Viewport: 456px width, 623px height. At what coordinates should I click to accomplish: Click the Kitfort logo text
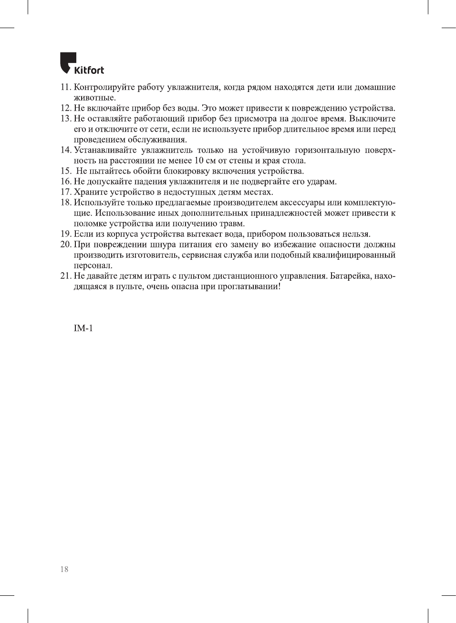tap(89, 71)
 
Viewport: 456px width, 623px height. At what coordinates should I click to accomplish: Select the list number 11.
tap(65, 87)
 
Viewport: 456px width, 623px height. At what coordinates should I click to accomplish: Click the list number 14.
tap(65, 150)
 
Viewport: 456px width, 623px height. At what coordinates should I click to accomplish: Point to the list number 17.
tap(65, 192)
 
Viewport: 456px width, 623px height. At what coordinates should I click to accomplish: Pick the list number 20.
tap(65, 245)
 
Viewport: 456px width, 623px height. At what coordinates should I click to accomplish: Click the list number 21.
tap(65, 276)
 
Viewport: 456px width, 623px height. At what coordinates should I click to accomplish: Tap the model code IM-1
tap(83, 328)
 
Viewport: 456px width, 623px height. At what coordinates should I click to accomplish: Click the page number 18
tap(64, 569)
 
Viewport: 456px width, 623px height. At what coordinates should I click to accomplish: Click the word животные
tap(94, 98)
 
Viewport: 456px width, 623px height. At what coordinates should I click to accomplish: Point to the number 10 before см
tap(199, 161)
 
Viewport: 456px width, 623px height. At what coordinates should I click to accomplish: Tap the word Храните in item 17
tap(91, 192)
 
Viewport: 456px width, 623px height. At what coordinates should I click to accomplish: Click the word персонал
tap(93, 266)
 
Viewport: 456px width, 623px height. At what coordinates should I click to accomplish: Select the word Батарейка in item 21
tap(351, 276)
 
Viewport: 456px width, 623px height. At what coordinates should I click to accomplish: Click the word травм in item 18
tap(233, 224)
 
